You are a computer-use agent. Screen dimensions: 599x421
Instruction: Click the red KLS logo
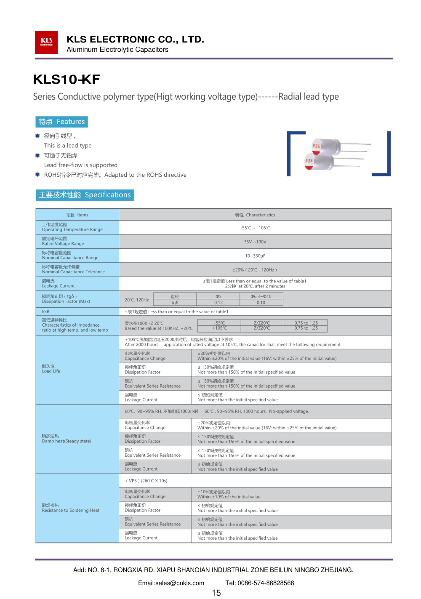[46, 43]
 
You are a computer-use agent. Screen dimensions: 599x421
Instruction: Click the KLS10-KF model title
[67, 79]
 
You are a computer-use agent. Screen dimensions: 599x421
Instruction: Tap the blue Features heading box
[61, 122]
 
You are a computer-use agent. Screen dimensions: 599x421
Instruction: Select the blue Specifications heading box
[85, 195]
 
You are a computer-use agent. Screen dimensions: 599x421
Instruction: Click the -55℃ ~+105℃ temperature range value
[255, 228]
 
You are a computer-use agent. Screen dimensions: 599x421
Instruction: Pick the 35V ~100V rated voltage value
[255, 242]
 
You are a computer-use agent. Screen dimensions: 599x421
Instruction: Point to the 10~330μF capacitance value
[255, 256]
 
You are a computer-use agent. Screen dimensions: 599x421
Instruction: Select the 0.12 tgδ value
[218, 303]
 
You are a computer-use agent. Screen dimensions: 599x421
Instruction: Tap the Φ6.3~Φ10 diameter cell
[261, 296]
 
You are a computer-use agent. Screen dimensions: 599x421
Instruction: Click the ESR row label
[46, 311]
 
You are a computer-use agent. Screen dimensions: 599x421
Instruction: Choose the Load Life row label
[51, 369]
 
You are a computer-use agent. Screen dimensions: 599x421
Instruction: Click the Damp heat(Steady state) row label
[66, 439]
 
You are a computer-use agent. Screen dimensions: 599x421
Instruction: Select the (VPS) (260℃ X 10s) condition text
[147, 481]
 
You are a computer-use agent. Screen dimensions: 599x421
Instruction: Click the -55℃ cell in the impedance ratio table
[219, 323]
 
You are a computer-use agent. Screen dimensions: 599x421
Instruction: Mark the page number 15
[216, 593]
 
